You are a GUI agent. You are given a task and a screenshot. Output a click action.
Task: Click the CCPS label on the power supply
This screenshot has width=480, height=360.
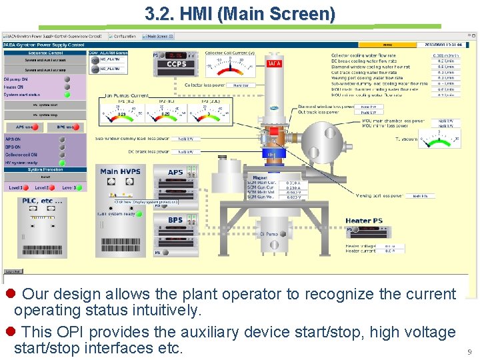[176, 65]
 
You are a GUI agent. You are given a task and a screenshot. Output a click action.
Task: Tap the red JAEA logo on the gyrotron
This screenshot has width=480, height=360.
[274, 63]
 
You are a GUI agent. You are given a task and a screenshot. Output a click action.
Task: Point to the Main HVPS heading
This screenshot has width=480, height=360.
[120, 171]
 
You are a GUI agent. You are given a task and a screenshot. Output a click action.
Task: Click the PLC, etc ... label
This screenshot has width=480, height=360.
[42, 201]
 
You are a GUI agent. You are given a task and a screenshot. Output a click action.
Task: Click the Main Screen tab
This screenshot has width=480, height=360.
[159, 37]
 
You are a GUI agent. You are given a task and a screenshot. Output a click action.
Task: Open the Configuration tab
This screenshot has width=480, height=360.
[124, 37]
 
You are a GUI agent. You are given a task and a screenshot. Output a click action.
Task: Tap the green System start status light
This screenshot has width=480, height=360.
[66, 95]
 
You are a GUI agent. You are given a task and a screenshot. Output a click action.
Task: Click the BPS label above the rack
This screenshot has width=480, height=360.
[175, 220]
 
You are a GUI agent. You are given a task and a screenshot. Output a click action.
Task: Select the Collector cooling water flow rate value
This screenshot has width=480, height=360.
[445, 55]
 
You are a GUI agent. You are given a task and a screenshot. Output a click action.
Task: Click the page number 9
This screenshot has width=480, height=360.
[469, 351]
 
